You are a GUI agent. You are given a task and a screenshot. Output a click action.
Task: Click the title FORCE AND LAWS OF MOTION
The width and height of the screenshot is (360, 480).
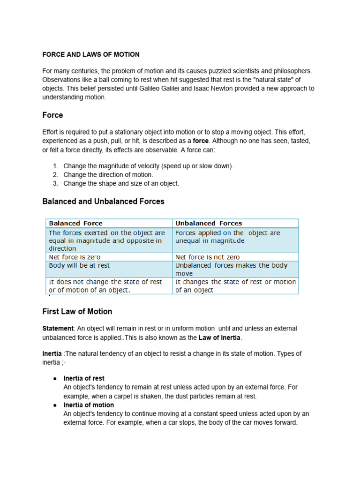pos(91,54)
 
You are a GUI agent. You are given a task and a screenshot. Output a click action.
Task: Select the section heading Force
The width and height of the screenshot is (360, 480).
pos(52,115)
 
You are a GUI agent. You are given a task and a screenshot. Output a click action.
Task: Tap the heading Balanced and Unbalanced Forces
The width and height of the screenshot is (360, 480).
pos(103,201)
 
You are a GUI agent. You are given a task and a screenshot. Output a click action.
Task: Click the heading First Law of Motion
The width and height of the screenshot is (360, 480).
pos(77,311)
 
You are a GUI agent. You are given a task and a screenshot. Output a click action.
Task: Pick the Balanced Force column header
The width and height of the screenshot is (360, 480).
pos(75,223)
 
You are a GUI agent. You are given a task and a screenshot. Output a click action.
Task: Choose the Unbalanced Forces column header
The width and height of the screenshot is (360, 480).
pos(209,223)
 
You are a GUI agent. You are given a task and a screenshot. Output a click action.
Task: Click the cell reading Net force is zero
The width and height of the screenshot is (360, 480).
pos(75,257)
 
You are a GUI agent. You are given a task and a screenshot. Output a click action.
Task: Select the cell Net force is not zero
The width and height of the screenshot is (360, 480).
pos(207,257)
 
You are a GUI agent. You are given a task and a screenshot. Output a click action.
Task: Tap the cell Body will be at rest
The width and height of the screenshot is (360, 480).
pos(79,265)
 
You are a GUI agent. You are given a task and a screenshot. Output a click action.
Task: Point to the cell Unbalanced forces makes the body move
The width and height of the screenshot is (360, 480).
pos(231,269)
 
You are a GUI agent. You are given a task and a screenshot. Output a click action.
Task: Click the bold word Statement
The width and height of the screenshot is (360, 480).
pos(58,329)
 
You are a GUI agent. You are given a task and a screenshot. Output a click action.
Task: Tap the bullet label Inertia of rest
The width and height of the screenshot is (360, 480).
pos(84,378)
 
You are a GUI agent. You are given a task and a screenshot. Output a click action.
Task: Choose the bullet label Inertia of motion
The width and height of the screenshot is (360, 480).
pos(89,405)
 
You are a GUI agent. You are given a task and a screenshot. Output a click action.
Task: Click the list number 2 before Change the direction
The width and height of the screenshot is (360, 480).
pos(55,175)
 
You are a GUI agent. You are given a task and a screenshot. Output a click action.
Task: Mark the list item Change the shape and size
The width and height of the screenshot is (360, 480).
pos(121,184)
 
